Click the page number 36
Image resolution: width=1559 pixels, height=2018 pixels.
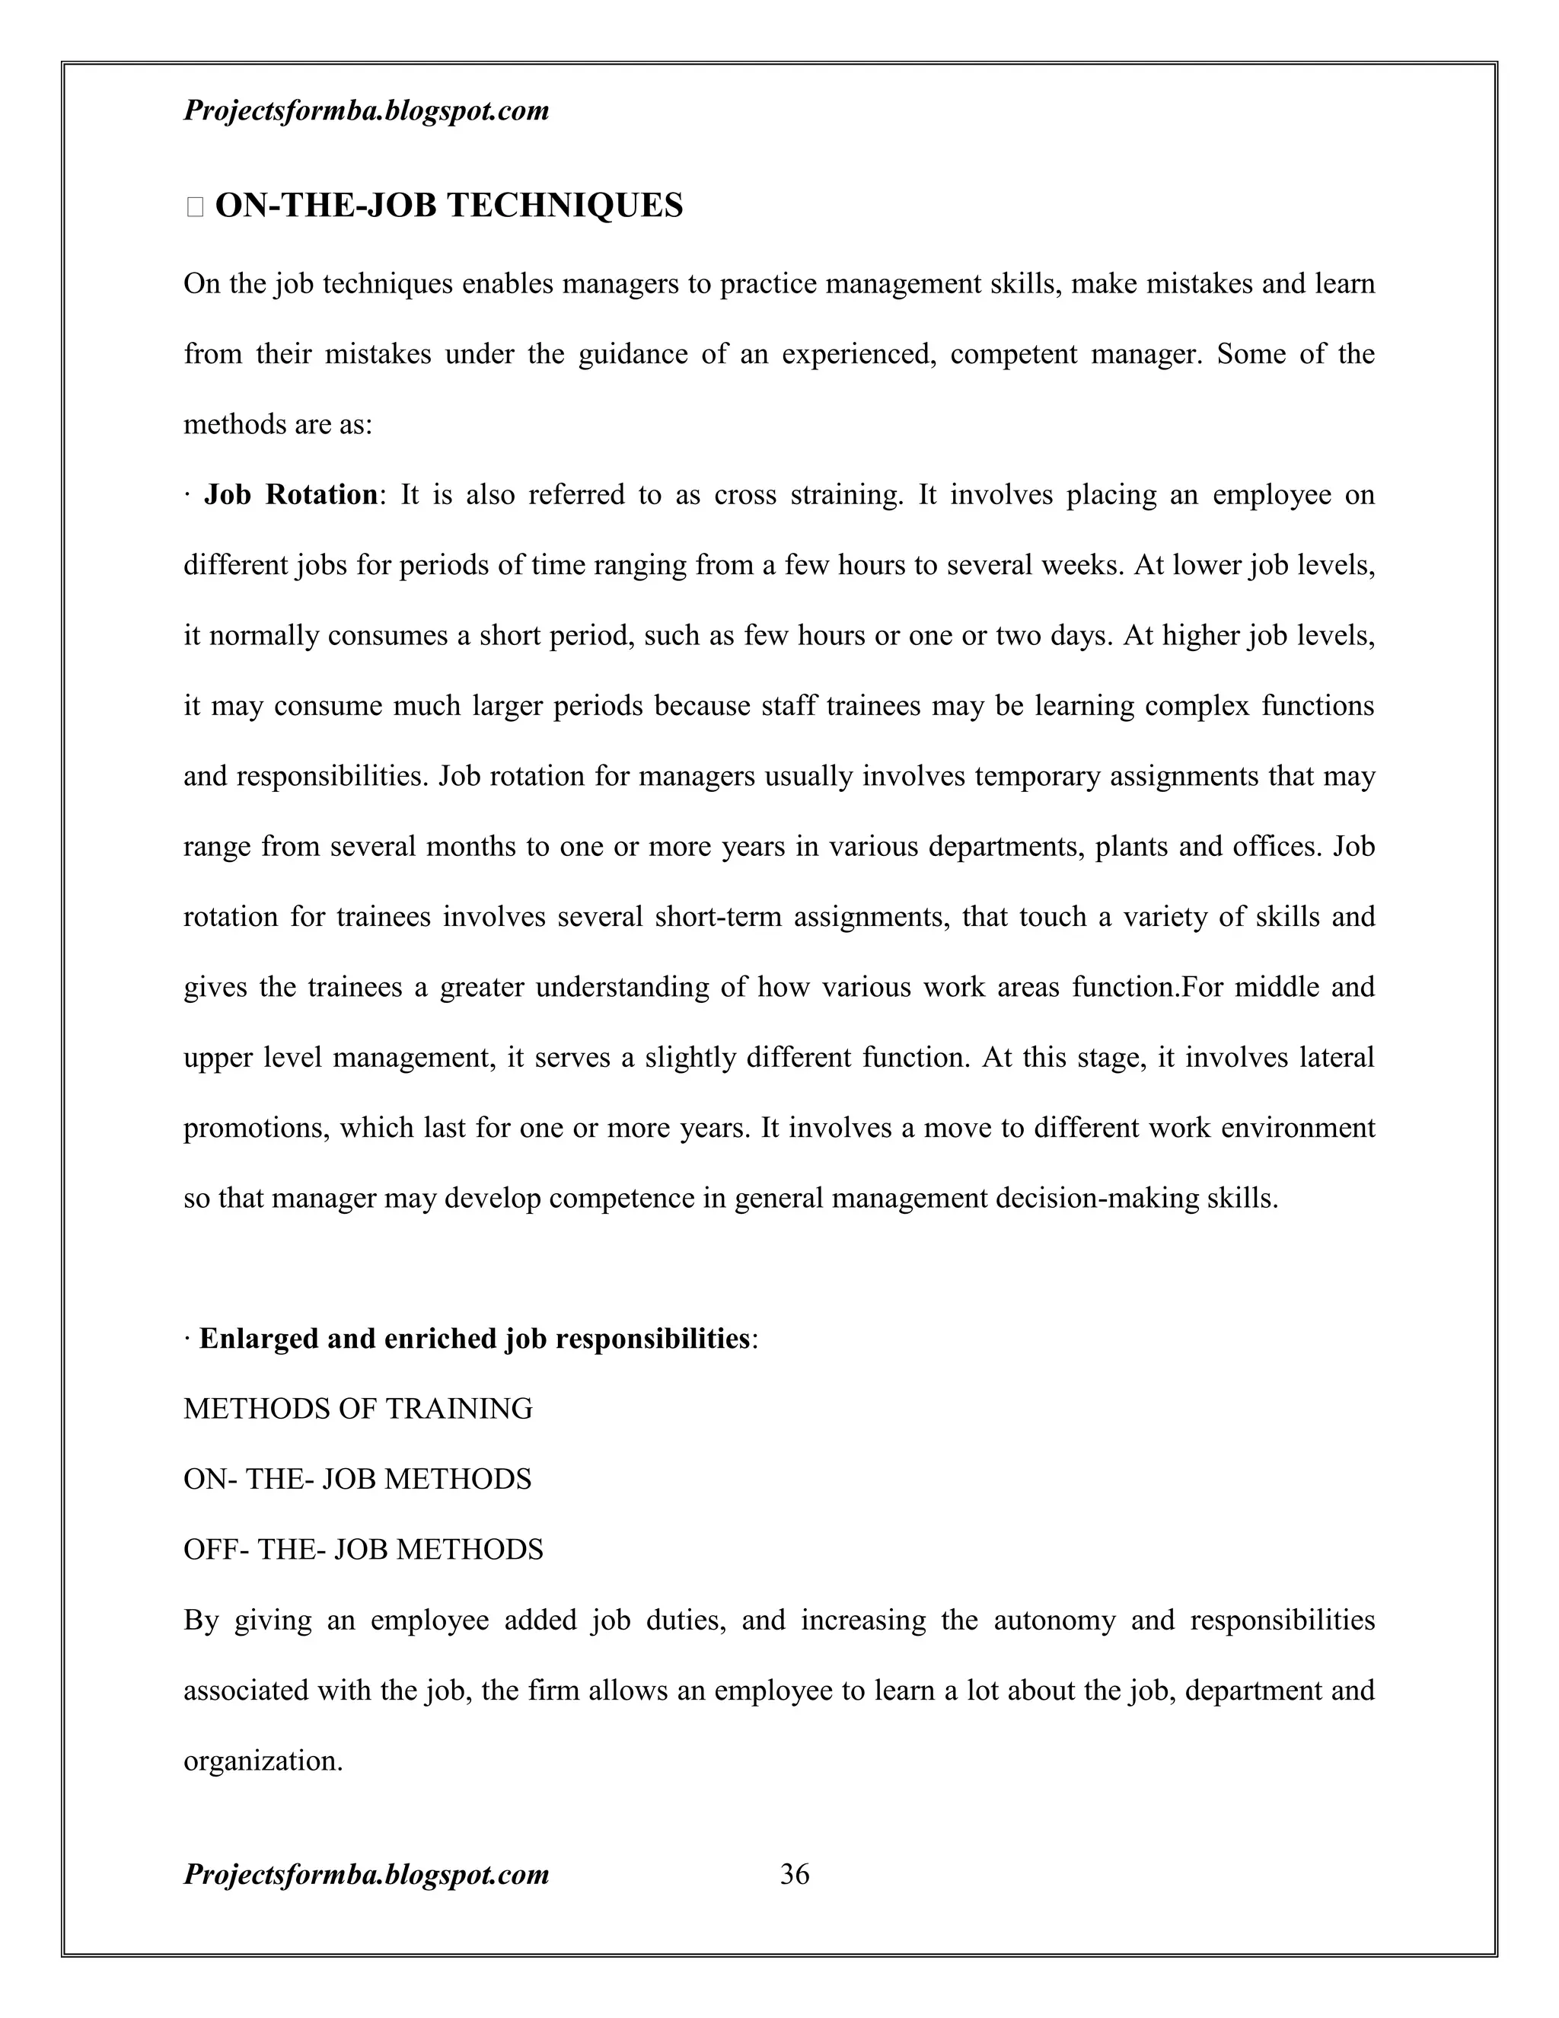(x=794, y=1874)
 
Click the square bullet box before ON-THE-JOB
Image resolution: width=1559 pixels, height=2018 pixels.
(x=194, y=207)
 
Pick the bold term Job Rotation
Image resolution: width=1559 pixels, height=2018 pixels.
(x=290, y=494)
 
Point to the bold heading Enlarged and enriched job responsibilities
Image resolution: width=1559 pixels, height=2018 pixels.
(x=473, y=1339)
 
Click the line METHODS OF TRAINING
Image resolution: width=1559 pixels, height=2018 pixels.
(x=358, y=1409)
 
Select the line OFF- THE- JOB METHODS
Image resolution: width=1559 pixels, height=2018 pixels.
(x=363, y=1550)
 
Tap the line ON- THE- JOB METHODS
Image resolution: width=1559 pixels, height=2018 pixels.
(x=358, y=1480)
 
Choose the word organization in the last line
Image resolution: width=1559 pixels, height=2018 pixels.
(x=263, y=1761)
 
